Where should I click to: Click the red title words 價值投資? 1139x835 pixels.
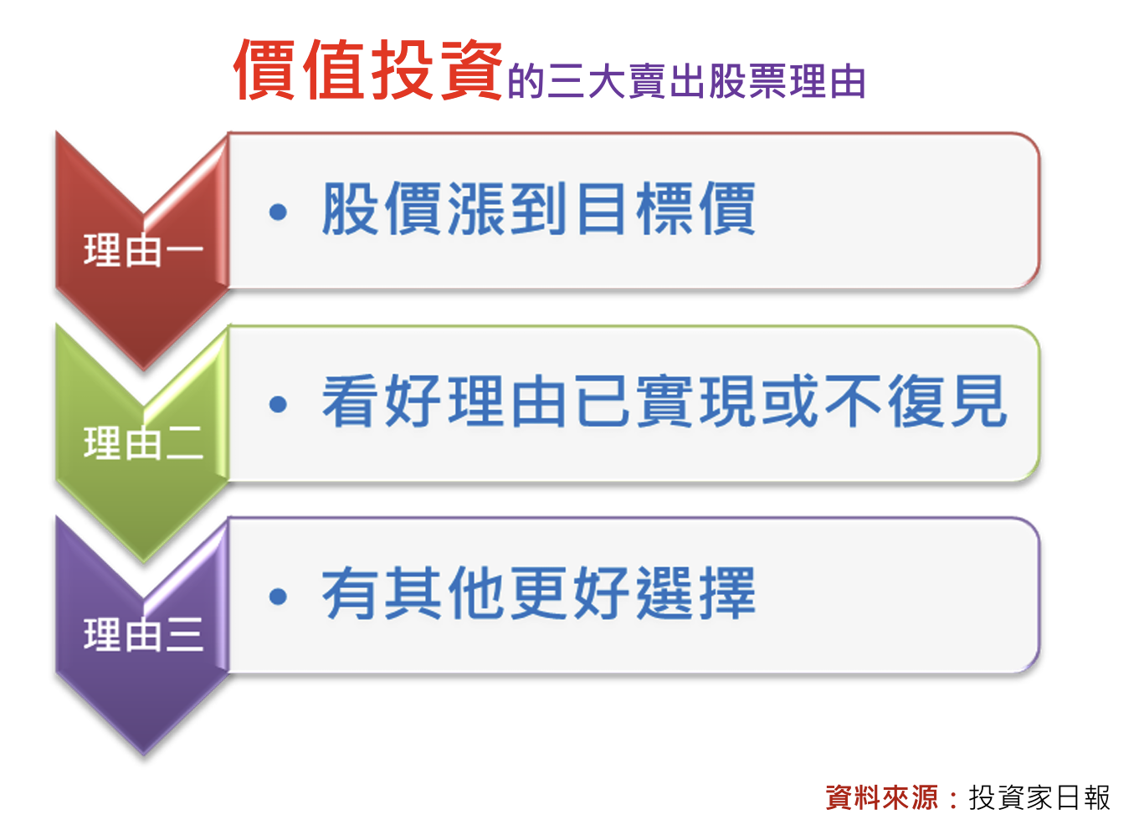[368, 69]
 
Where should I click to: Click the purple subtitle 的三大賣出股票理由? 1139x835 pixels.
[686, 81]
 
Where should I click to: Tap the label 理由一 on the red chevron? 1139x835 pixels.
[143, 250]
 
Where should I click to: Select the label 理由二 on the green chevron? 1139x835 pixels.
[143, 443]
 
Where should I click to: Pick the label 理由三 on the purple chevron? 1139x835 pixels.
[143, 634]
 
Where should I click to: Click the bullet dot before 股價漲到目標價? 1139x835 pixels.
[278, 212]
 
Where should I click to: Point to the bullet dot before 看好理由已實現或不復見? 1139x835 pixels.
[278, 405]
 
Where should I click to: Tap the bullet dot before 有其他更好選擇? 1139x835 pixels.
[278, 597]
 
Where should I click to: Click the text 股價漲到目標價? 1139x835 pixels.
[539, 208]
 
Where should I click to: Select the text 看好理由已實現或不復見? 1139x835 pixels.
[664, 401]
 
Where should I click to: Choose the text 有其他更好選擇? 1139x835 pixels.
[539, 592]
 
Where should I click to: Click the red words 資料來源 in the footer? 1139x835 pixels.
[882, 797]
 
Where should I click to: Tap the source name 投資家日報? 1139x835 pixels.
[1039, 797]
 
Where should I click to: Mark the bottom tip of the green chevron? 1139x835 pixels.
[143, 562]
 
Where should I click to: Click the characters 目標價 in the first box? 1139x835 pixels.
[666, 208]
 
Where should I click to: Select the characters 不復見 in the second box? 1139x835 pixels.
[916, 401]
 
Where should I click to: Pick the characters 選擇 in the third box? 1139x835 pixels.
[696, 592]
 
